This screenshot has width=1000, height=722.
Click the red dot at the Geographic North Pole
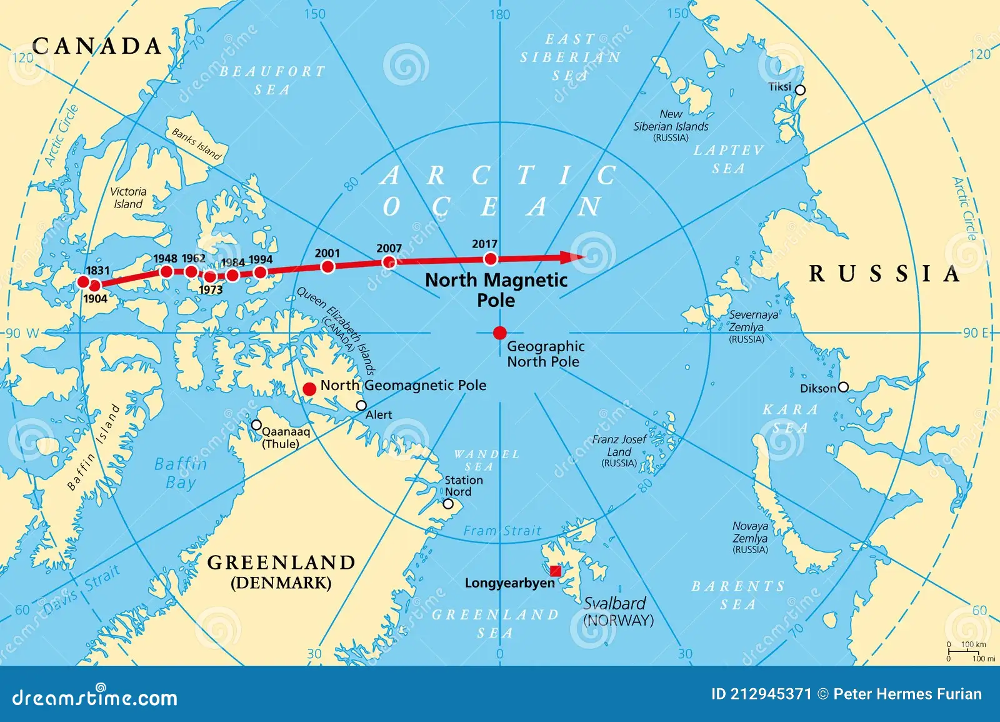[x=499, y=333]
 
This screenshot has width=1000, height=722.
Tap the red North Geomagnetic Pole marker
[x=309, y=389]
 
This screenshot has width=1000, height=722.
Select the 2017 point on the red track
[x=491, y=259]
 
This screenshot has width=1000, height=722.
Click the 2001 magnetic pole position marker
[x=327, y=267]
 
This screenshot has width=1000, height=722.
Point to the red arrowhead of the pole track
[x=571, y=257]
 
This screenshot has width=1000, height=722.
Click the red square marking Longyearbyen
[x=555, y=571]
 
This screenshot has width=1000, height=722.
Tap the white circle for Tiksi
[x=799, y=90]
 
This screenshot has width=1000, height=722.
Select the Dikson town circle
[x=843, y=387]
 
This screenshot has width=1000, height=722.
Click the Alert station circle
[x=361, y=406]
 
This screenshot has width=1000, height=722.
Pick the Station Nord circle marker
[x=448, y=504]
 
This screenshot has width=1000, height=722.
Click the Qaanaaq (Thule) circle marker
[x=256, y=425]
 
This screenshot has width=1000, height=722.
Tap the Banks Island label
[x=197, y=144]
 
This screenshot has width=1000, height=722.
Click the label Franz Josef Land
[x=619, y=446]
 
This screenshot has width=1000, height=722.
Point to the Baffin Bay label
[x=180, y=473]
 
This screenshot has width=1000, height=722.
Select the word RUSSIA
[x=884, y=274]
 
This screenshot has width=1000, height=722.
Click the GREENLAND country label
[x=281, y=563]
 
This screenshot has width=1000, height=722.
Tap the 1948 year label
[x=165, y=259]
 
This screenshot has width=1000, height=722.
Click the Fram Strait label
[x=502, y=531]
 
